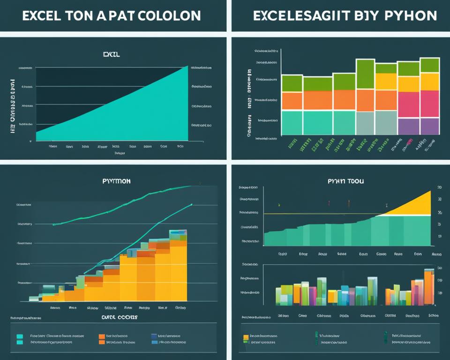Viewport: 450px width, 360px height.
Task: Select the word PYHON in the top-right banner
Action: (408, 15)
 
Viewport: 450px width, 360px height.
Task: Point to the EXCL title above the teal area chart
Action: (111, 55)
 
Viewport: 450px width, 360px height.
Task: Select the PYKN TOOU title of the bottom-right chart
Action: (346, 180)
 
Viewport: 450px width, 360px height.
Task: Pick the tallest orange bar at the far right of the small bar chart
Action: (429, 287)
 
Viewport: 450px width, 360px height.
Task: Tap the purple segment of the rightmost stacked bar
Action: (429, 126)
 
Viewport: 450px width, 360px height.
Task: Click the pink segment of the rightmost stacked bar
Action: (429, 104)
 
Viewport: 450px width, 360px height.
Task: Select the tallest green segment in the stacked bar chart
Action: (365, 74)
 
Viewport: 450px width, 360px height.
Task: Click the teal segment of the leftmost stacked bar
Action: (292, 122)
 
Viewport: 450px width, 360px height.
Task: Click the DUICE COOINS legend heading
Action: (119, 317)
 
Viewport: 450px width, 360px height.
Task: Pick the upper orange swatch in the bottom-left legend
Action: (102, 336)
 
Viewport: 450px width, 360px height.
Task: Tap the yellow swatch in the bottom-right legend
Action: (246, 337)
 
